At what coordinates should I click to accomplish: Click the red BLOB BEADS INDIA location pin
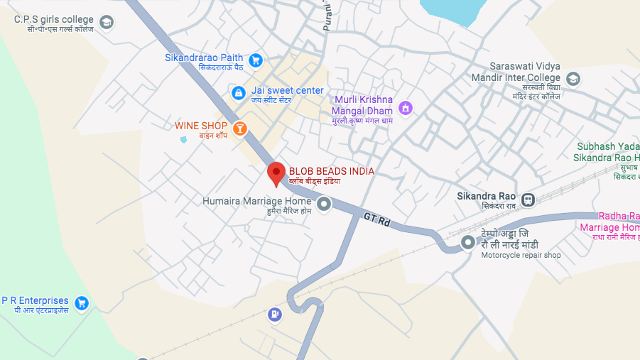coord(276,173)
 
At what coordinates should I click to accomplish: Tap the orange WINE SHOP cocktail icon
coord(240,128)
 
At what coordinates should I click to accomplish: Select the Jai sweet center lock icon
coord(239,92)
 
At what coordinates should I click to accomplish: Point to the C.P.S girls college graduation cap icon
coord(107,23)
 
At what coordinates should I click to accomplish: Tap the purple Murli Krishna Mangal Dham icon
coord(406,108)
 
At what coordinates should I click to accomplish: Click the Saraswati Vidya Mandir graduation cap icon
coord(573,79)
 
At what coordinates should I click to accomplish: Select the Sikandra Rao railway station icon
coord(528,200)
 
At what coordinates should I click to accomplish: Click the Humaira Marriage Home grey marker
coord(324,205)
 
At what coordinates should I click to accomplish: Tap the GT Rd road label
coord(377,220)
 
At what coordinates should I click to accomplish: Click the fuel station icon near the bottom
coord(275,314)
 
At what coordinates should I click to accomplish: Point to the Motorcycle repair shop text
coord(521,256)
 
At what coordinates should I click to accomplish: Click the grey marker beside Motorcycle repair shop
coord(468,243)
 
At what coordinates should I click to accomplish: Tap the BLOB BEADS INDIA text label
coord(331,172)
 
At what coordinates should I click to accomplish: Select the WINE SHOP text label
coord(201,126)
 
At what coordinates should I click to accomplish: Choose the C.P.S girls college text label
coord(53,19)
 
